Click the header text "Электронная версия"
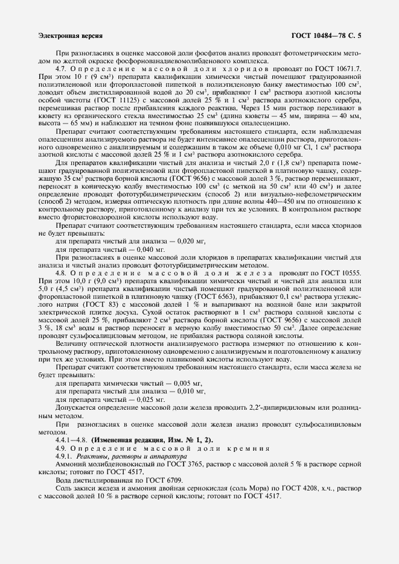[70, 36]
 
